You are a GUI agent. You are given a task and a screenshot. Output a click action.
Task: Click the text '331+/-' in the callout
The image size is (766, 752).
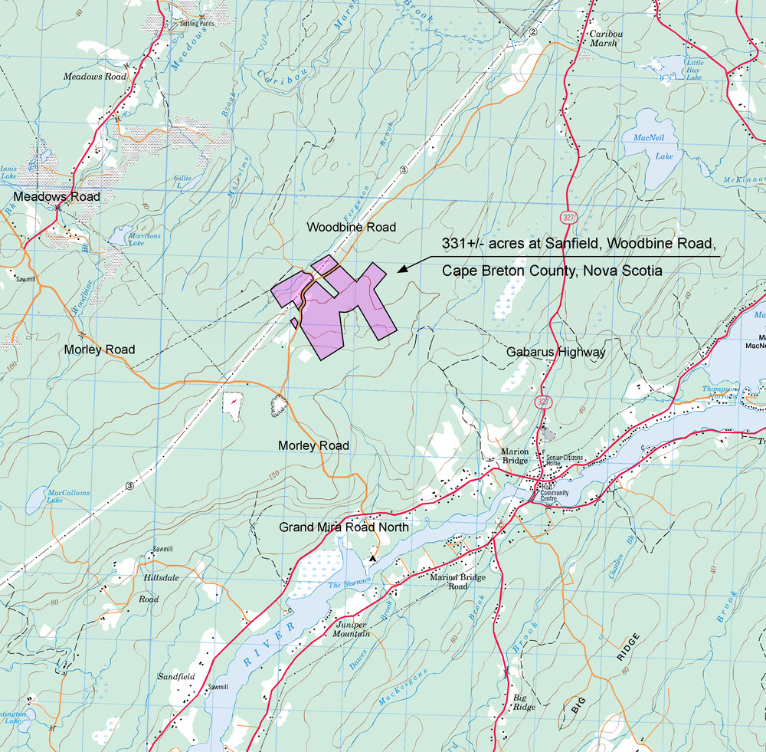click(466, 244)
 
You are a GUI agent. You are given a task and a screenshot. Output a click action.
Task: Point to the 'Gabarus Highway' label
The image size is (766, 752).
click(556, 352)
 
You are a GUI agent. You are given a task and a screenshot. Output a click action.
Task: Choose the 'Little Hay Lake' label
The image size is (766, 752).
click(694, 70)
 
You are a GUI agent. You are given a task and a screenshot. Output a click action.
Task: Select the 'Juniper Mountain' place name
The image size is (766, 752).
click(352, 629)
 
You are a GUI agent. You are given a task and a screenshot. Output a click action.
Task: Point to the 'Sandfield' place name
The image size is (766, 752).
click(176, 677)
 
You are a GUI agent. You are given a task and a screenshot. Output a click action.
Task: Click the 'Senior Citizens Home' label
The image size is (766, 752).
click(565, 461)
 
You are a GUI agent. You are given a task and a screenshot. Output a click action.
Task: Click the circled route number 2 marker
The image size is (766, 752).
click(532, 31)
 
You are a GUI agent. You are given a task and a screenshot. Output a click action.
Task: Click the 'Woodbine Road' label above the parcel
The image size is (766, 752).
click(351, 227)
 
